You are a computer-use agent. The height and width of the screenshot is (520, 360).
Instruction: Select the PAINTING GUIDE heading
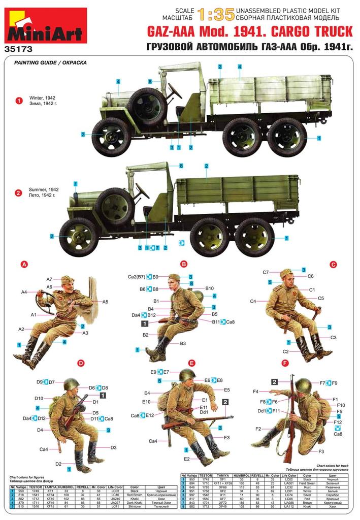coord(50,63)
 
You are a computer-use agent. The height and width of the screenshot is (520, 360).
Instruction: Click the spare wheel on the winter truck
coord(147,106)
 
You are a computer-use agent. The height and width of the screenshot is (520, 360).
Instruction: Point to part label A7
coord(50,279)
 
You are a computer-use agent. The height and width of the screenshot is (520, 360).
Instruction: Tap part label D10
coord(40,399)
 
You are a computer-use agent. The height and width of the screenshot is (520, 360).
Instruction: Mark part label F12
coord(338,422)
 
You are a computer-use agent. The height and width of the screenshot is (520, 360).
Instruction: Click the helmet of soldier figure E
coord(187,376)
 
